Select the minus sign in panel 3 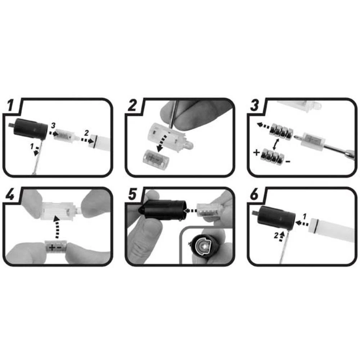coord(288,161)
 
